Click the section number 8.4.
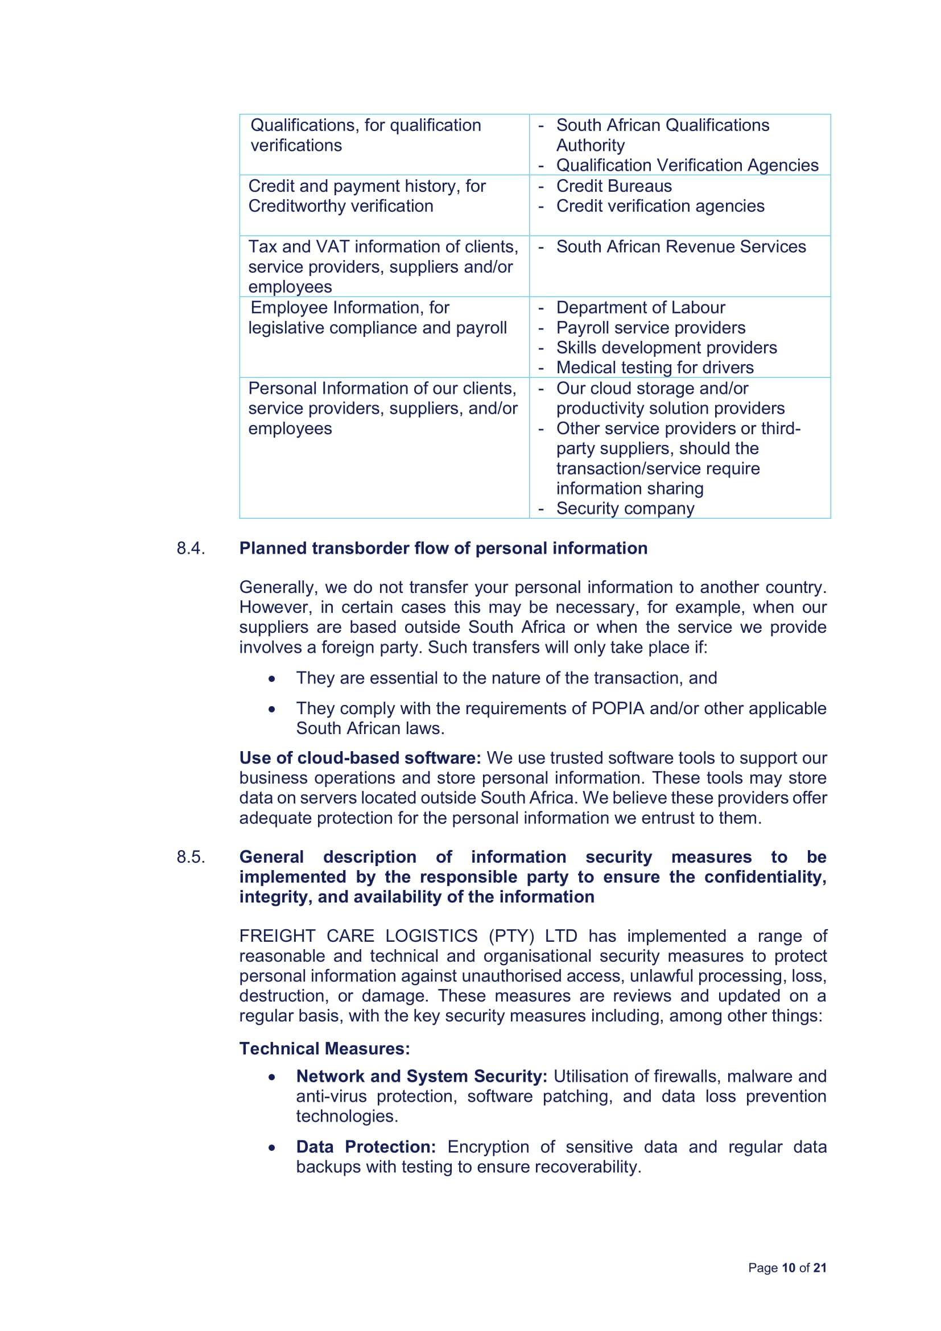coord(191,549)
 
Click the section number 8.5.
coord(191,857)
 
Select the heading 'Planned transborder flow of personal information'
coord(443,549)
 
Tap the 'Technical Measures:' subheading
coord(324,1049)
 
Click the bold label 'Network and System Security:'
coord(421,1077)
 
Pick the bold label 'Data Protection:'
coord(366,1147)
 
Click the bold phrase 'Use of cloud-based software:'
coord(360,758)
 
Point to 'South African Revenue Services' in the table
coord(681,247)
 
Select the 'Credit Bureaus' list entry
coord(614,186)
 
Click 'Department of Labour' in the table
coord(640,308)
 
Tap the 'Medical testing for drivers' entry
coord(655,368)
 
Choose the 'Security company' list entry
coord(625,508)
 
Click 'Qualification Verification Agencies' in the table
coord(687,166)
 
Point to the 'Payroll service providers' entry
coord(650,328)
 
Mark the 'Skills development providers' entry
coord(666,348)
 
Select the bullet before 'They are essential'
coord(272,678)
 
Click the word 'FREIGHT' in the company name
coord(277,936)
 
